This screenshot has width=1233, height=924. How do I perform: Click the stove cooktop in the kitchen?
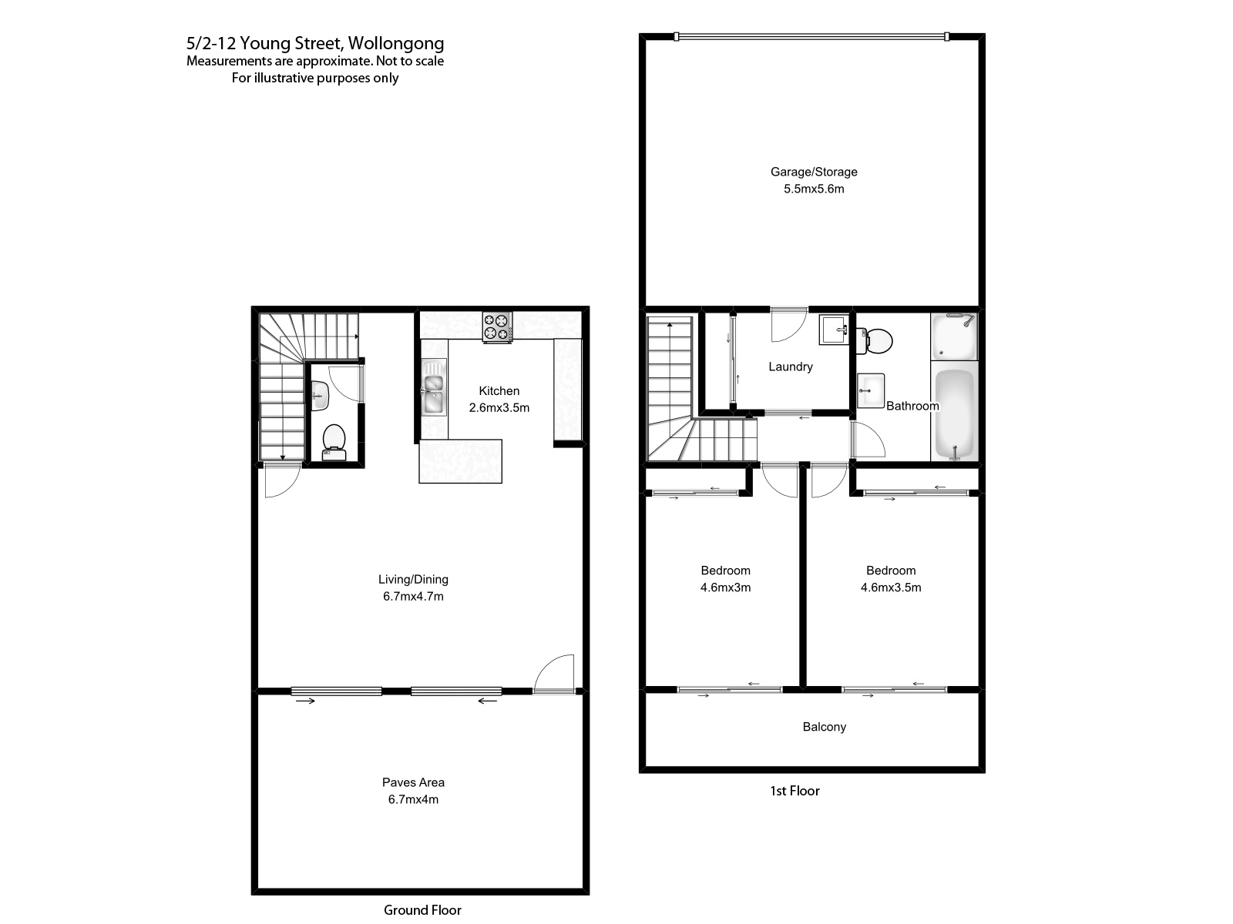pyautogui.click(x=497, y=326)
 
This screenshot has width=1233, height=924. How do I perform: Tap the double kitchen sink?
pyautogui.click(x=433, y=388)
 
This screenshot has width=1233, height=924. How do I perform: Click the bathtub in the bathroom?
pyautogui.click(x=954, y=414)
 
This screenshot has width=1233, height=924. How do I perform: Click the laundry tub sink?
pyautogui.click(x=833, y=330)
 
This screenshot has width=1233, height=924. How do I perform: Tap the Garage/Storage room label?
pyautogui.click(x=814, y=172)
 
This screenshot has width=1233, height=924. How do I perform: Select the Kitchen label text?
pyautogui.click(x=499, y=391)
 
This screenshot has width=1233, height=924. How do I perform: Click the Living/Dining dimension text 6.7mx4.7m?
pyautogui.click(x=413, y=596)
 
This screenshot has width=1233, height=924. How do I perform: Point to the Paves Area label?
pyautogui.click(x=413, y=782)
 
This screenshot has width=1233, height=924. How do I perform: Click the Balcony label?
pyautogui.click(x=824, y=727)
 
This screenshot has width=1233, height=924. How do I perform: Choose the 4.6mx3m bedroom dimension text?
pyautogui.click(x=725, y=588)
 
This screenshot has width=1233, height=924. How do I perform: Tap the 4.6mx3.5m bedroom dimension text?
pyautogui.click(x=891, y=588)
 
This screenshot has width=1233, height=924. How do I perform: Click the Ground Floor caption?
pyautogui.click(x=422, y=910)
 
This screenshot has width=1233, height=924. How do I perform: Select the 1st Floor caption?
pyautogui.click(x=795, y=791)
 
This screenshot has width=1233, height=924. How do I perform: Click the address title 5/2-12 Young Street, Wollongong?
pyautogui.click(x=315, y=44)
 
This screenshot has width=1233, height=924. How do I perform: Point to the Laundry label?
pyautogui.click(x=791, y=367)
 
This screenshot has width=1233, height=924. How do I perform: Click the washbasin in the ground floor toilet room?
pyautogui.click(x=320, y=394)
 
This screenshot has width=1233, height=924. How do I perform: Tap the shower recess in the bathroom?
pyautogui.click(x=954, y=336)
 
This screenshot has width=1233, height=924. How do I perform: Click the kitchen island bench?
pyautogui.click(x=460, y=461)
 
